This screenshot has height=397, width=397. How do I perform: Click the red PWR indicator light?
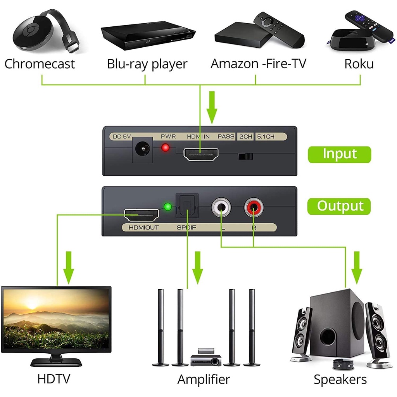pos(166,148)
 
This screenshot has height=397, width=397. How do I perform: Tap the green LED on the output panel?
pos(167,207)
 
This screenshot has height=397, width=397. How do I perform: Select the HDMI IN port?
pos(201,155)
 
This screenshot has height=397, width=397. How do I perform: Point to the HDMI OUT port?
pos(141,215)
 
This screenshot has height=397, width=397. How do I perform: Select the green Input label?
pos(339,154)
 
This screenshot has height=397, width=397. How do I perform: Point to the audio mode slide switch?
pos(245,157)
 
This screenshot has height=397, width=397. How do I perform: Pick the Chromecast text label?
pos(40,64)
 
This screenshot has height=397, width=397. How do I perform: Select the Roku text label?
pos(359,64)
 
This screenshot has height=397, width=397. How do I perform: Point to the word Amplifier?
pos(204,379)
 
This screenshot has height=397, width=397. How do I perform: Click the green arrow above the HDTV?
pos(69,267)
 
